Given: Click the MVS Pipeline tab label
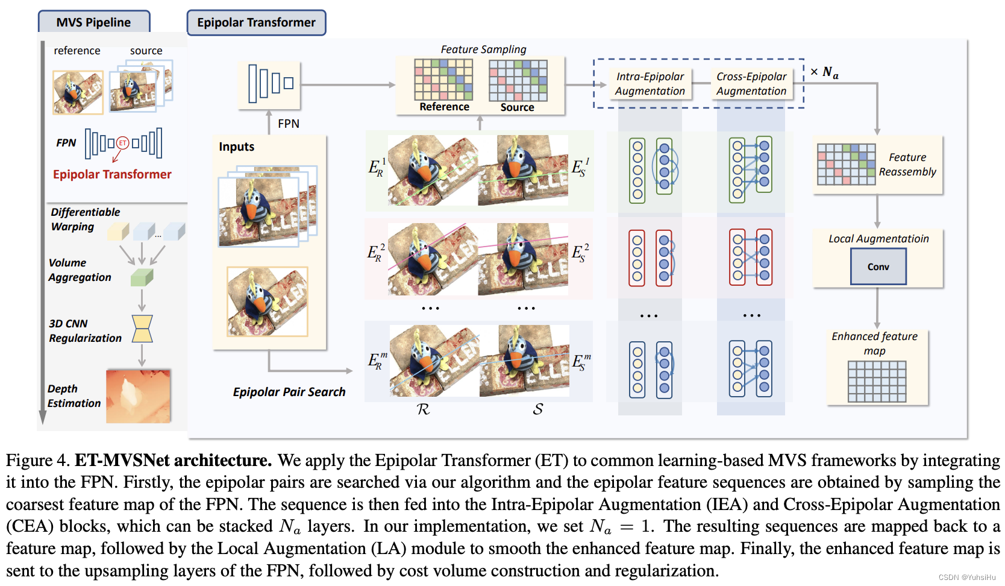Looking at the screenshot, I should pos(93,22).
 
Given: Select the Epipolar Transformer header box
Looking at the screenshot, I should pos(256,22).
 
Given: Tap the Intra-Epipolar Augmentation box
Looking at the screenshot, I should pos(650,84).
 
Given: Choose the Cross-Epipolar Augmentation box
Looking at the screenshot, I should pos(751,84).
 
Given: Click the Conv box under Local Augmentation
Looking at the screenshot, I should pos(878,266).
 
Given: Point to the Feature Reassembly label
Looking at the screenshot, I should pos(907,165).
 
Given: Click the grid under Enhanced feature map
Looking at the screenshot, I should pos(877,381).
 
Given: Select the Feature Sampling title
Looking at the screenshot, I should pos(483,49).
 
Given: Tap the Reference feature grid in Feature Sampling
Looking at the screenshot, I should pos(443,80).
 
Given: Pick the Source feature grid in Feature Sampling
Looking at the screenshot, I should pos(518,80).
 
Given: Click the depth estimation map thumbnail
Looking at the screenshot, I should pos(138,396).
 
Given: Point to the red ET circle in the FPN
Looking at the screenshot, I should pos(123,143).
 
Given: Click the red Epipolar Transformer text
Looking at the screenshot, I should pos(112,174).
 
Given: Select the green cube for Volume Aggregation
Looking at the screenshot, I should pos(142,277).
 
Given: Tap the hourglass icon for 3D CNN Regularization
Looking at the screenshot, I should pos(142,329).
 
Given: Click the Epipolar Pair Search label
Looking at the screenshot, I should pos(289,392).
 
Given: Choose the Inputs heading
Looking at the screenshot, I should pos(236,146).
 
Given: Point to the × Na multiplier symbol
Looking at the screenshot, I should pos(824,72).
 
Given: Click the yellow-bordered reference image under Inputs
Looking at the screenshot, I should pos(267,301).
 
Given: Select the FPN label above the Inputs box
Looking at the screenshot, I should pos(288,124).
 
